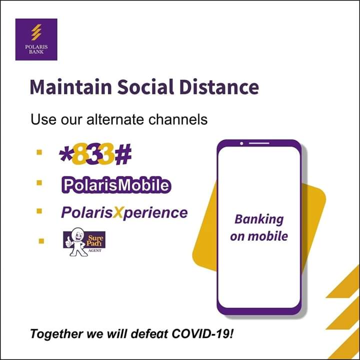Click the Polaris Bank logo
(36, 39)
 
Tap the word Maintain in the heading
(71, 87)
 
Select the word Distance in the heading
(219, 87)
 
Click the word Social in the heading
(146, 87)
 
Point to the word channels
(178, 119)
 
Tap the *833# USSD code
(95, 154)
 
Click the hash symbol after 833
(123, 154)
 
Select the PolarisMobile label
(116, 185)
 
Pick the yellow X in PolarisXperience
(118, 212)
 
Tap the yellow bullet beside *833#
(39, 152)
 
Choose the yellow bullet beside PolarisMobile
(39, 182)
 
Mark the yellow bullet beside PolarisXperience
(39, 211)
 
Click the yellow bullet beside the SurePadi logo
(41, 241)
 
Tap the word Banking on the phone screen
(259, 219)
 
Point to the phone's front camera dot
(241, 143)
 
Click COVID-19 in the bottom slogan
(202, 333)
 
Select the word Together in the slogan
(56, 334)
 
